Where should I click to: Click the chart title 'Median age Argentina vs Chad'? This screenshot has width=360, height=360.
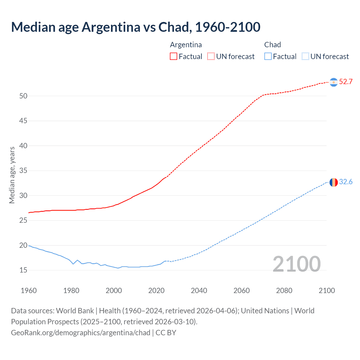(x=136, y=27)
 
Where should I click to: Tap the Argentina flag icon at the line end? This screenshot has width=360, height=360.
(x=334, y=82)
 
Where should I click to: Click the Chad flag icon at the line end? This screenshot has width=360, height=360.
(x=334, y=182)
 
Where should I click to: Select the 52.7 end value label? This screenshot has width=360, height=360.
(x=346, y=82)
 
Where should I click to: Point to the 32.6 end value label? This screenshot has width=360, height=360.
(x=346, y=182)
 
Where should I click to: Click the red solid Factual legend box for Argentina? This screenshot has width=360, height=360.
(x=174, y=56)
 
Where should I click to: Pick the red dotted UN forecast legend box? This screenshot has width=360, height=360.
(x=211, y=56)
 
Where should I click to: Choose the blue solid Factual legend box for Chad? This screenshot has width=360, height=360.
(x=268, y=56)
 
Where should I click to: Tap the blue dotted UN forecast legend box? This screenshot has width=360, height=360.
(x=305, y=56)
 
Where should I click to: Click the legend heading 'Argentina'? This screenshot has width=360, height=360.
(x=186, y=45)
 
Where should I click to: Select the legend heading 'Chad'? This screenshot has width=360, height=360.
(x=273, y=45)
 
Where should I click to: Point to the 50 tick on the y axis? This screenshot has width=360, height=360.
(x=23, y=96)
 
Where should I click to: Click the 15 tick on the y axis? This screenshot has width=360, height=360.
(x=23, y=270)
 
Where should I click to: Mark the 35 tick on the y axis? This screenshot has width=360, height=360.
(x=23, y=171)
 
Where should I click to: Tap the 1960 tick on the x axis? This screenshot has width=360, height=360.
(x=29, y=291)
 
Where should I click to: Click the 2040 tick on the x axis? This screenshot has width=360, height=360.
(x=199, y=291)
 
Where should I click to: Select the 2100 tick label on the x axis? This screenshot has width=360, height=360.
(x=327, y=291)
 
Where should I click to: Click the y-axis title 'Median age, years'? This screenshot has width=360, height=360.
(x=12, y=175)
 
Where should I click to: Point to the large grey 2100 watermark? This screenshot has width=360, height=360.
(x=296, y=264)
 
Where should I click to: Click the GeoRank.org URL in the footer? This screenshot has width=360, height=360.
(x=81, y=333)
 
